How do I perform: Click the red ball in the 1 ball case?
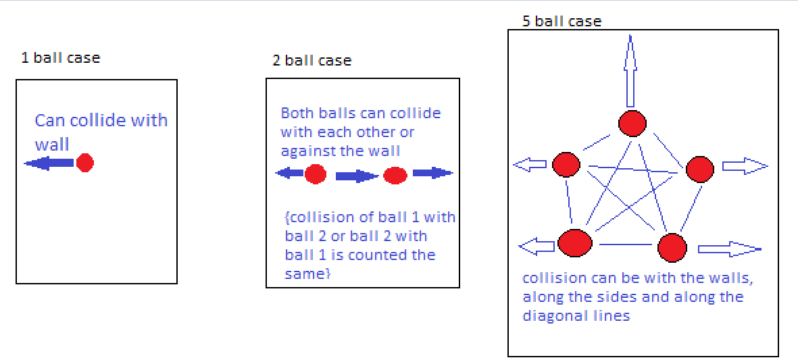click(84, 163)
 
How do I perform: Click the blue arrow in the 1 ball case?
click(49, 163)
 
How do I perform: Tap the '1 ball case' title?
click(60, 57)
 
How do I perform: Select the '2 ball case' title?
click(311, 60)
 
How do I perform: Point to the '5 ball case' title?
click(562, 22)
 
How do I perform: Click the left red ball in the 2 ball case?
click(315, 174)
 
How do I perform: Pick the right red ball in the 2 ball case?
click(395, 176)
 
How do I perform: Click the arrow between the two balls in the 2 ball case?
click(357, 176)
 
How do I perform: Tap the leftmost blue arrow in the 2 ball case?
click(290, 174)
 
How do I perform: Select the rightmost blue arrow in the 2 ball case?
click(432, 173)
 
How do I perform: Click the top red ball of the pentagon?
click(632, 124)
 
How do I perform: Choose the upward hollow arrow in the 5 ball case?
click(630, 71)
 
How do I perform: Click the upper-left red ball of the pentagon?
click(566, 164)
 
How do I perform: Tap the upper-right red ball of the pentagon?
click(699, 168)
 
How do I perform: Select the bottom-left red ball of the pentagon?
click(575, 242)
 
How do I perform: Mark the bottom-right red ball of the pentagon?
click(672, 248)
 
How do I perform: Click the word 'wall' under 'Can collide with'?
click(52, 144)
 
